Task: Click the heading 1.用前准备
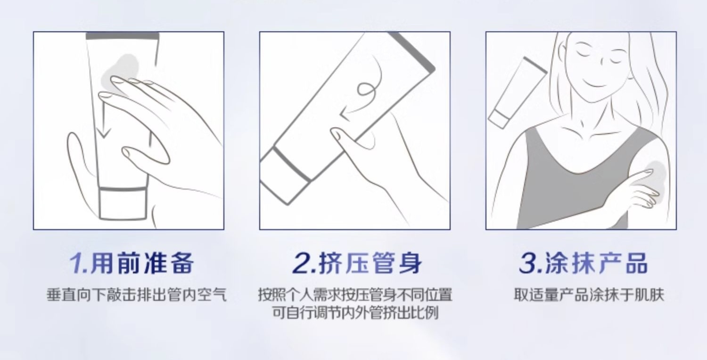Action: point(131,263)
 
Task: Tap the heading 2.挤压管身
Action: point(357,263)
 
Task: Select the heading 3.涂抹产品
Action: point(584,263)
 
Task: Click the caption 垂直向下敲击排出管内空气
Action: point(137,295)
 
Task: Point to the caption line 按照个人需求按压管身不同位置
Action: point(355,295)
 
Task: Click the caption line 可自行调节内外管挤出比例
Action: point(355,313)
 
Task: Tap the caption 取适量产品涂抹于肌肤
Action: point(589,295)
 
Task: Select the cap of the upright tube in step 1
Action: point(123,204)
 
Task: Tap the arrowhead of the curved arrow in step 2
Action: point(345,115)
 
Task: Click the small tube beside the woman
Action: point(518,93)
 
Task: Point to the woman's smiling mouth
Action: point(593,83)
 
